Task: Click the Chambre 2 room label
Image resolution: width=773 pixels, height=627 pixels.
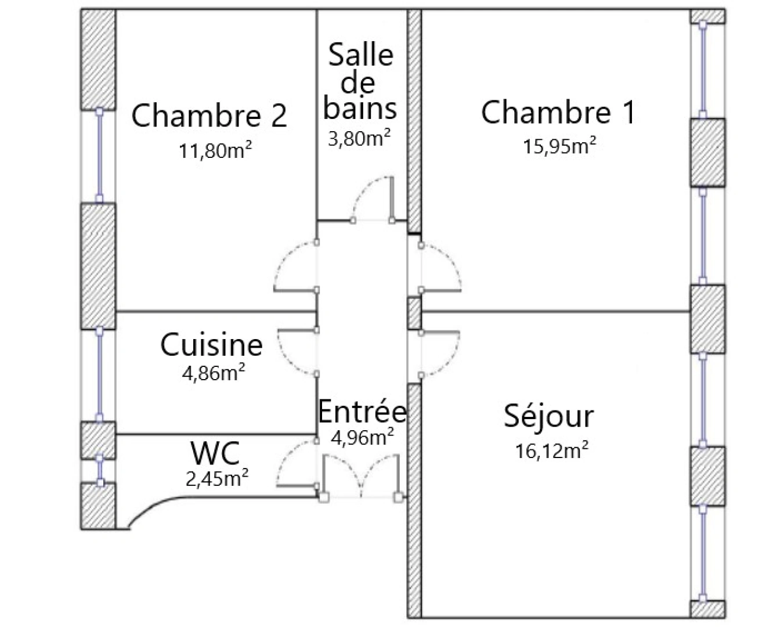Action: point(209,115)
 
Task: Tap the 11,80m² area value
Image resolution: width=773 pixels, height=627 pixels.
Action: point(215,150)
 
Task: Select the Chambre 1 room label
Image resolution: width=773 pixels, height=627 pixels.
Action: point(558,112)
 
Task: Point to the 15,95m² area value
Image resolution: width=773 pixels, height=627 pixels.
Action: point(559,145)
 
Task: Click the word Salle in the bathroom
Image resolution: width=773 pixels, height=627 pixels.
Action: point(361,55)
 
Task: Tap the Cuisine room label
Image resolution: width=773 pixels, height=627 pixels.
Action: point(211,344)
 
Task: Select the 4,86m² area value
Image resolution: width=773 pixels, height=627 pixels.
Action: point(214,372)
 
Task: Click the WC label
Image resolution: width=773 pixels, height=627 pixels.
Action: point(215,453)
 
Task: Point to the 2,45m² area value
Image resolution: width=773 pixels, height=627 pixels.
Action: point(216,478)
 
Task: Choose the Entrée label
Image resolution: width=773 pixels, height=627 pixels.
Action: point(362,411)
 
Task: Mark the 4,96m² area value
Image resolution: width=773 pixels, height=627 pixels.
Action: point(362,437)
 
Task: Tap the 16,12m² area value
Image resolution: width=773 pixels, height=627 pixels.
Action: point(552,451)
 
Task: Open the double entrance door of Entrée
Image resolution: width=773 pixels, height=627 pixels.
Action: point(362,476)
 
